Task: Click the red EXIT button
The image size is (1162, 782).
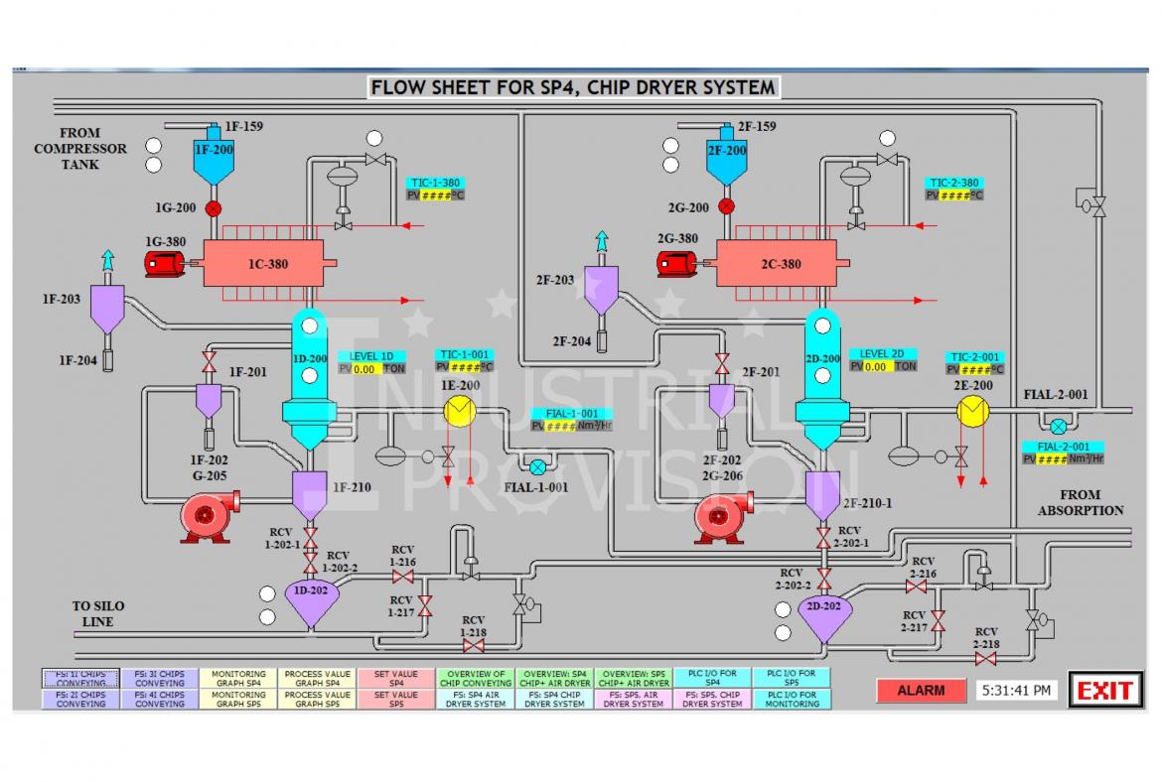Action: tap(1105, 691)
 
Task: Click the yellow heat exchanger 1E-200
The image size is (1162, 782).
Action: tap(459, 411)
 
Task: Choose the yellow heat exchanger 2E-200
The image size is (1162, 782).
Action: tap(973, 411)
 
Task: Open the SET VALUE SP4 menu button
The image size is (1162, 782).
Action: tap(396, 678)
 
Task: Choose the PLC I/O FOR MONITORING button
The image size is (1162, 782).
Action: tap(792, 699)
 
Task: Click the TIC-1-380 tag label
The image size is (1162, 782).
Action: tap(434, 183)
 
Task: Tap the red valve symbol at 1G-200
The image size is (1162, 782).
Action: tap(213, 208)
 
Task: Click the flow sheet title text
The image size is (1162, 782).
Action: tap(572, 87)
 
